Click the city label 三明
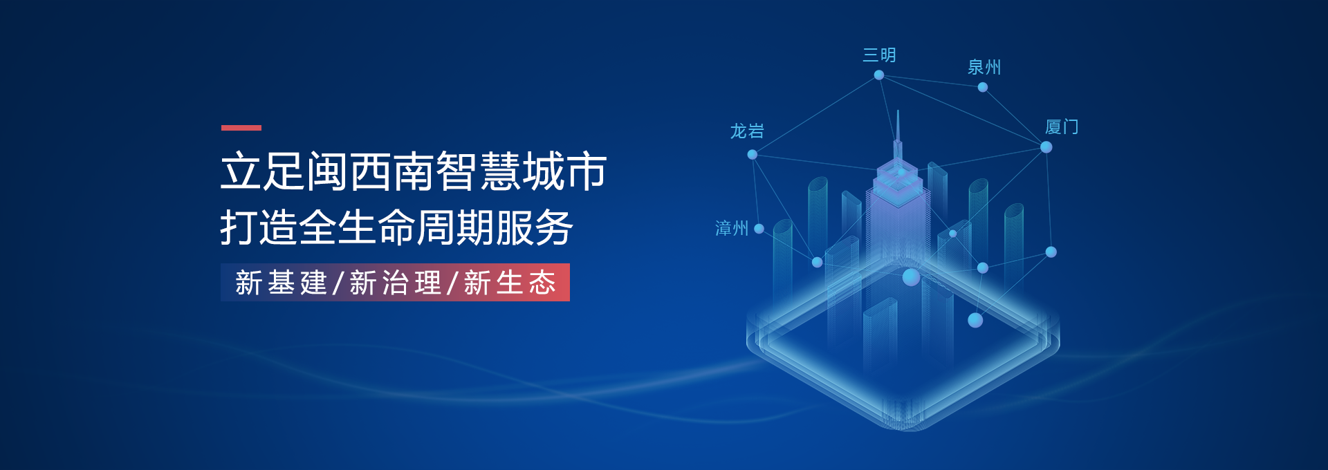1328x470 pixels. click(879, 55)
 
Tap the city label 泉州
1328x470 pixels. click(984, 67)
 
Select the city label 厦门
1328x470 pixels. click(1062, 127)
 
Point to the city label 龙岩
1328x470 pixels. click(747, 131)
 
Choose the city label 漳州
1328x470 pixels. click(732, 228)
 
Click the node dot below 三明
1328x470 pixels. click(879, 75)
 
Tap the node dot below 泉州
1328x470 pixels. click(983, 87)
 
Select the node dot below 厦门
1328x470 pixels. click(1046, 147)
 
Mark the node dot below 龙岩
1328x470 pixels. click(753, 155)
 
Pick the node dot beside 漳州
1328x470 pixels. click(759, 229)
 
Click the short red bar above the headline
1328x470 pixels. click(241, 128)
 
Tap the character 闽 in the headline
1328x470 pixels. click(327, 171)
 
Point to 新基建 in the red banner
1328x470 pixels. click(281, 283)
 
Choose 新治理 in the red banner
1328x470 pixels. click(396, 283)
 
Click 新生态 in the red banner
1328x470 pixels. click(510, 283)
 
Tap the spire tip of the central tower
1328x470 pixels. click(898, 111)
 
